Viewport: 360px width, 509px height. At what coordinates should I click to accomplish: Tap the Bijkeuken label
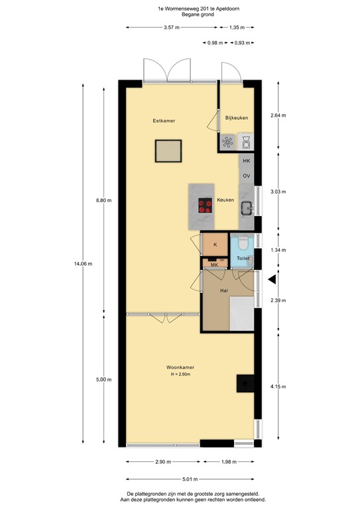[x=237, y=118]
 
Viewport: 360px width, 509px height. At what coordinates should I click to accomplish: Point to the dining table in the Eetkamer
[x=168, y=151]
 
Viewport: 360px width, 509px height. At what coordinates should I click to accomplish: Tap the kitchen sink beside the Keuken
[x=247, y=208]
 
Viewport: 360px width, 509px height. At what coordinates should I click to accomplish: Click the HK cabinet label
[x=246, y=161]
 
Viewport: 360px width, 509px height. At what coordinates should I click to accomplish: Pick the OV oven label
[x=246, y=176]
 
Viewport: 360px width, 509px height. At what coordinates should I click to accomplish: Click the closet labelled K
[x=215, y=245]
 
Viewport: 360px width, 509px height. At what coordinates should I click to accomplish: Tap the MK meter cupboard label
[x=214, y=265]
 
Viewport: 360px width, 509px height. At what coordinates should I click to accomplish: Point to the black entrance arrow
[x=271, y=280]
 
